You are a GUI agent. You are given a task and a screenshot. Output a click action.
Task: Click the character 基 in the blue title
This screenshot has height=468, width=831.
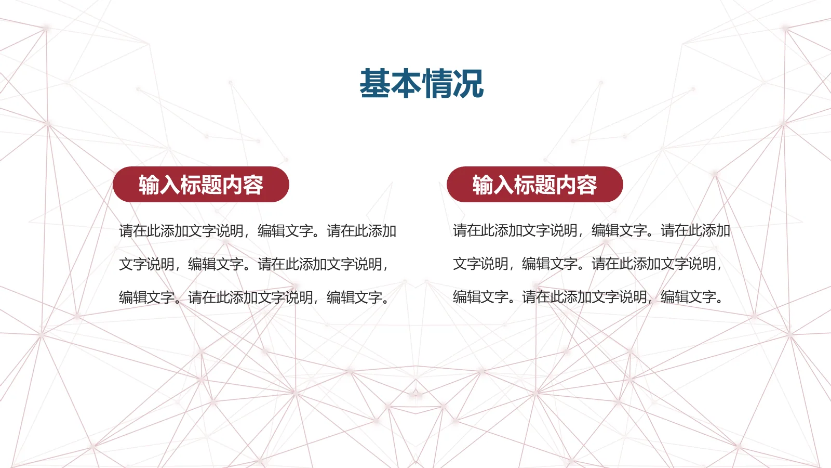pyautogui.click(x=375, y=83)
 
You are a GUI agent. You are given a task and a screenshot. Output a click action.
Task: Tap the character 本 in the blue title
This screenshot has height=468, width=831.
pyautogui.click(x=407, y=83)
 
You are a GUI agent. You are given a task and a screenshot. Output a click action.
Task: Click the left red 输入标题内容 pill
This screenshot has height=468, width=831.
pyautogui.click(x=201, y=185)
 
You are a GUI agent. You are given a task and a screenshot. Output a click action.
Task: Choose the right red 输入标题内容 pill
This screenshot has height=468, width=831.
pyautogui.click(x=534, y=185)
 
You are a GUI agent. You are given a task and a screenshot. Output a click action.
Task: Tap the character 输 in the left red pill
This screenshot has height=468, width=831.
pyautogui.click(x=149, y=185)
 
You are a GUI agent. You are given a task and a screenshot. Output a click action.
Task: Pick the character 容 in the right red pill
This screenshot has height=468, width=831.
pyautogui.click(x=587, y=185)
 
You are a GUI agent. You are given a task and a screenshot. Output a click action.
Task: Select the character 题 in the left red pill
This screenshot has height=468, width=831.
pyautogui.click(x=211, y=185)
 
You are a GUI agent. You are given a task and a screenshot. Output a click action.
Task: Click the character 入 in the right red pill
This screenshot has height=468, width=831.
pyautogui.click(x=503, y=185)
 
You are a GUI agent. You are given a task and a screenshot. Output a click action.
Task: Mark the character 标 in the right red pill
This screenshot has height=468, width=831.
pyautogui.click(x=524, y=185)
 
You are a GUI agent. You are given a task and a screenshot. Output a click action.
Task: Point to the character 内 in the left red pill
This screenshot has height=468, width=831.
pyautogui.click(x=232, y=185)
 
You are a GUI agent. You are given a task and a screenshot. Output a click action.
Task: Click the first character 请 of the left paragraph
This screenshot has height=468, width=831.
pyautogui.click(x=126, y=231)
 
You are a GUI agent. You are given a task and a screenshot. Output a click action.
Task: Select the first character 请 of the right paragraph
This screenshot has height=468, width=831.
pyautogui.click(x=460, y=230)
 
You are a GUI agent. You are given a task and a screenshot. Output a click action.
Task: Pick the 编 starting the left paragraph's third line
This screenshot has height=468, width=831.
pyautogui.click(x=126, y=297)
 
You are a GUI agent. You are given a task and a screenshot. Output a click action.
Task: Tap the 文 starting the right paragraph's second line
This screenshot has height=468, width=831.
pyautogui.click(x=460, y=264)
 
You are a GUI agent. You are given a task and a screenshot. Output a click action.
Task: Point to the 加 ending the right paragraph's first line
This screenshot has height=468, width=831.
pyautogui.click(x=723, y=230)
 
